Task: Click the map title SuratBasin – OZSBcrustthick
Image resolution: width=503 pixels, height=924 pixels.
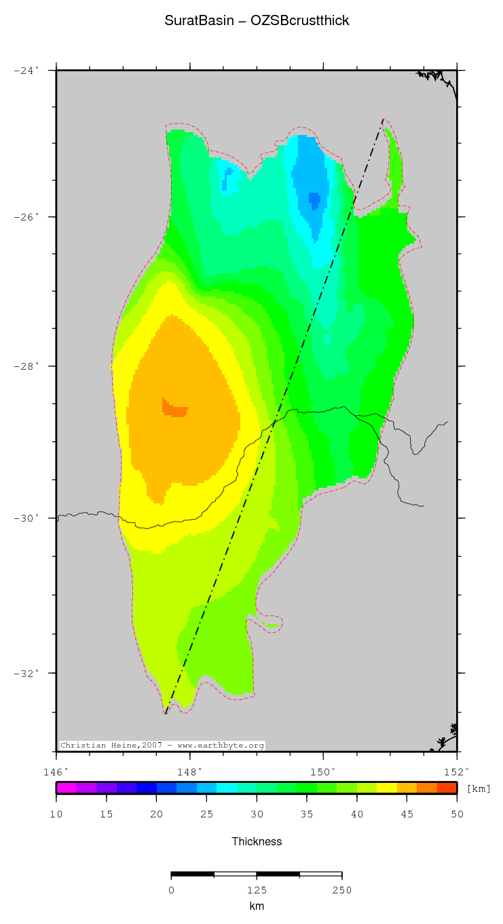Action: tap(257, 21)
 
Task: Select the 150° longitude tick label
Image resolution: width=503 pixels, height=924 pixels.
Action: tap(323, 771)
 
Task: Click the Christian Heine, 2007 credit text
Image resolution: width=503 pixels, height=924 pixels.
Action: tap(162, 745)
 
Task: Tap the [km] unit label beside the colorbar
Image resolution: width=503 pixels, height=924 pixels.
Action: tap(479, 788)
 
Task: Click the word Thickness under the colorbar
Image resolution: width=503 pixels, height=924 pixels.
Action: tap(257, 841)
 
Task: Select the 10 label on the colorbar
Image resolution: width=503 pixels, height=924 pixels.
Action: tap(56, 814)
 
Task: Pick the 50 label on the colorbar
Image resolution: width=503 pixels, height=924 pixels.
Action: tap(457, 814)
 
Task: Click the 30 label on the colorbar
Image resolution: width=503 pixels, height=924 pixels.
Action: tap(257, 814)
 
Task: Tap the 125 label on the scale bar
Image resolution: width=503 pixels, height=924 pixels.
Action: tap(257, 890)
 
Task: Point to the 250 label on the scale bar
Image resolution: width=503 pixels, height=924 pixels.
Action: tap(341, 890)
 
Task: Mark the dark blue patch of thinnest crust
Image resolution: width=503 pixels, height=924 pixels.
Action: tap(314, 199)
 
